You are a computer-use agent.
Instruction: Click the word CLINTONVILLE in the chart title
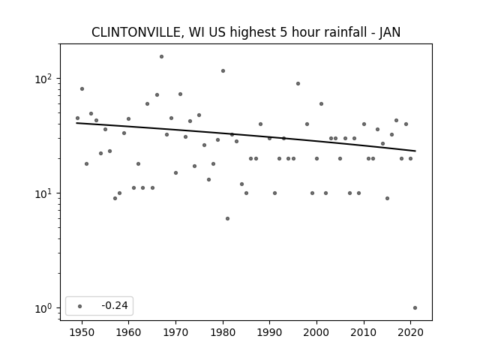point(137,32)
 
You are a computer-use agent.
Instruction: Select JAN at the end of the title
point(390,32)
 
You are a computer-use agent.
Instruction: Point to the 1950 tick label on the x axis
point(82,332)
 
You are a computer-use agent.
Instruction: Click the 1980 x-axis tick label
point(223,332)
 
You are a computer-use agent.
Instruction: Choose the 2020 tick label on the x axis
point(410,332)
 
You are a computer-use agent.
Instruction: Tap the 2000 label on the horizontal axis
point(316,332)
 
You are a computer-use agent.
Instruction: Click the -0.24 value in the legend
point(115,305)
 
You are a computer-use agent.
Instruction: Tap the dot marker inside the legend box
point(80,306)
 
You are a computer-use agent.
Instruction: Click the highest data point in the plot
point(162,57)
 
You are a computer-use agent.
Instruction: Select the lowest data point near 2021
point(415,308)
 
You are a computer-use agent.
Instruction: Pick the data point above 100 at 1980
point(223,71)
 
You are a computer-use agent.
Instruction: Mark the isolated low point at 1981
point(227,218)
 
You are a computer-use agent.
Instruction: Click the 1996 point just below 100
point(298,83)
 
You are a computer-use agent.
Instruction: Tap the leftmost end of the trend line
point(76,123)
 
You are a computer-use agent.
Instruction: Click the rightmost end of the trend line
point(415,151)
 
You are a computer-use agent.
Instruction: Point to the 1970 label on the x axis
point(175,332)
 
